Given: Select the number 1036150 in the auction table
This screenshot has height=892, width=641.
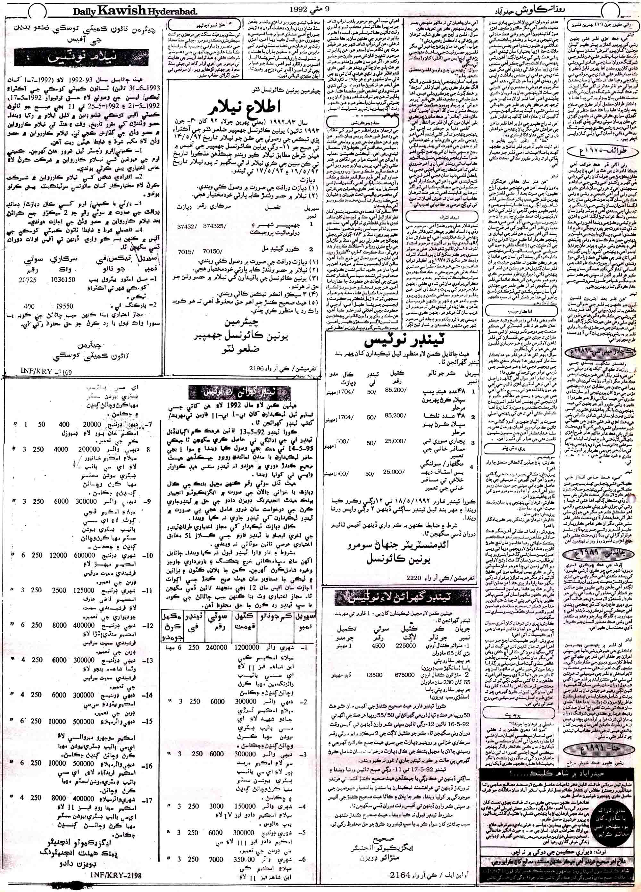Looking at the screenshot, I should (x=75, y=282).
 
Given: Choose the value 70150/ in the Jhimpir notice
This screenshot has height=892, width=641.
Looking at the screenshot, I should (x=213, y=251).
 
